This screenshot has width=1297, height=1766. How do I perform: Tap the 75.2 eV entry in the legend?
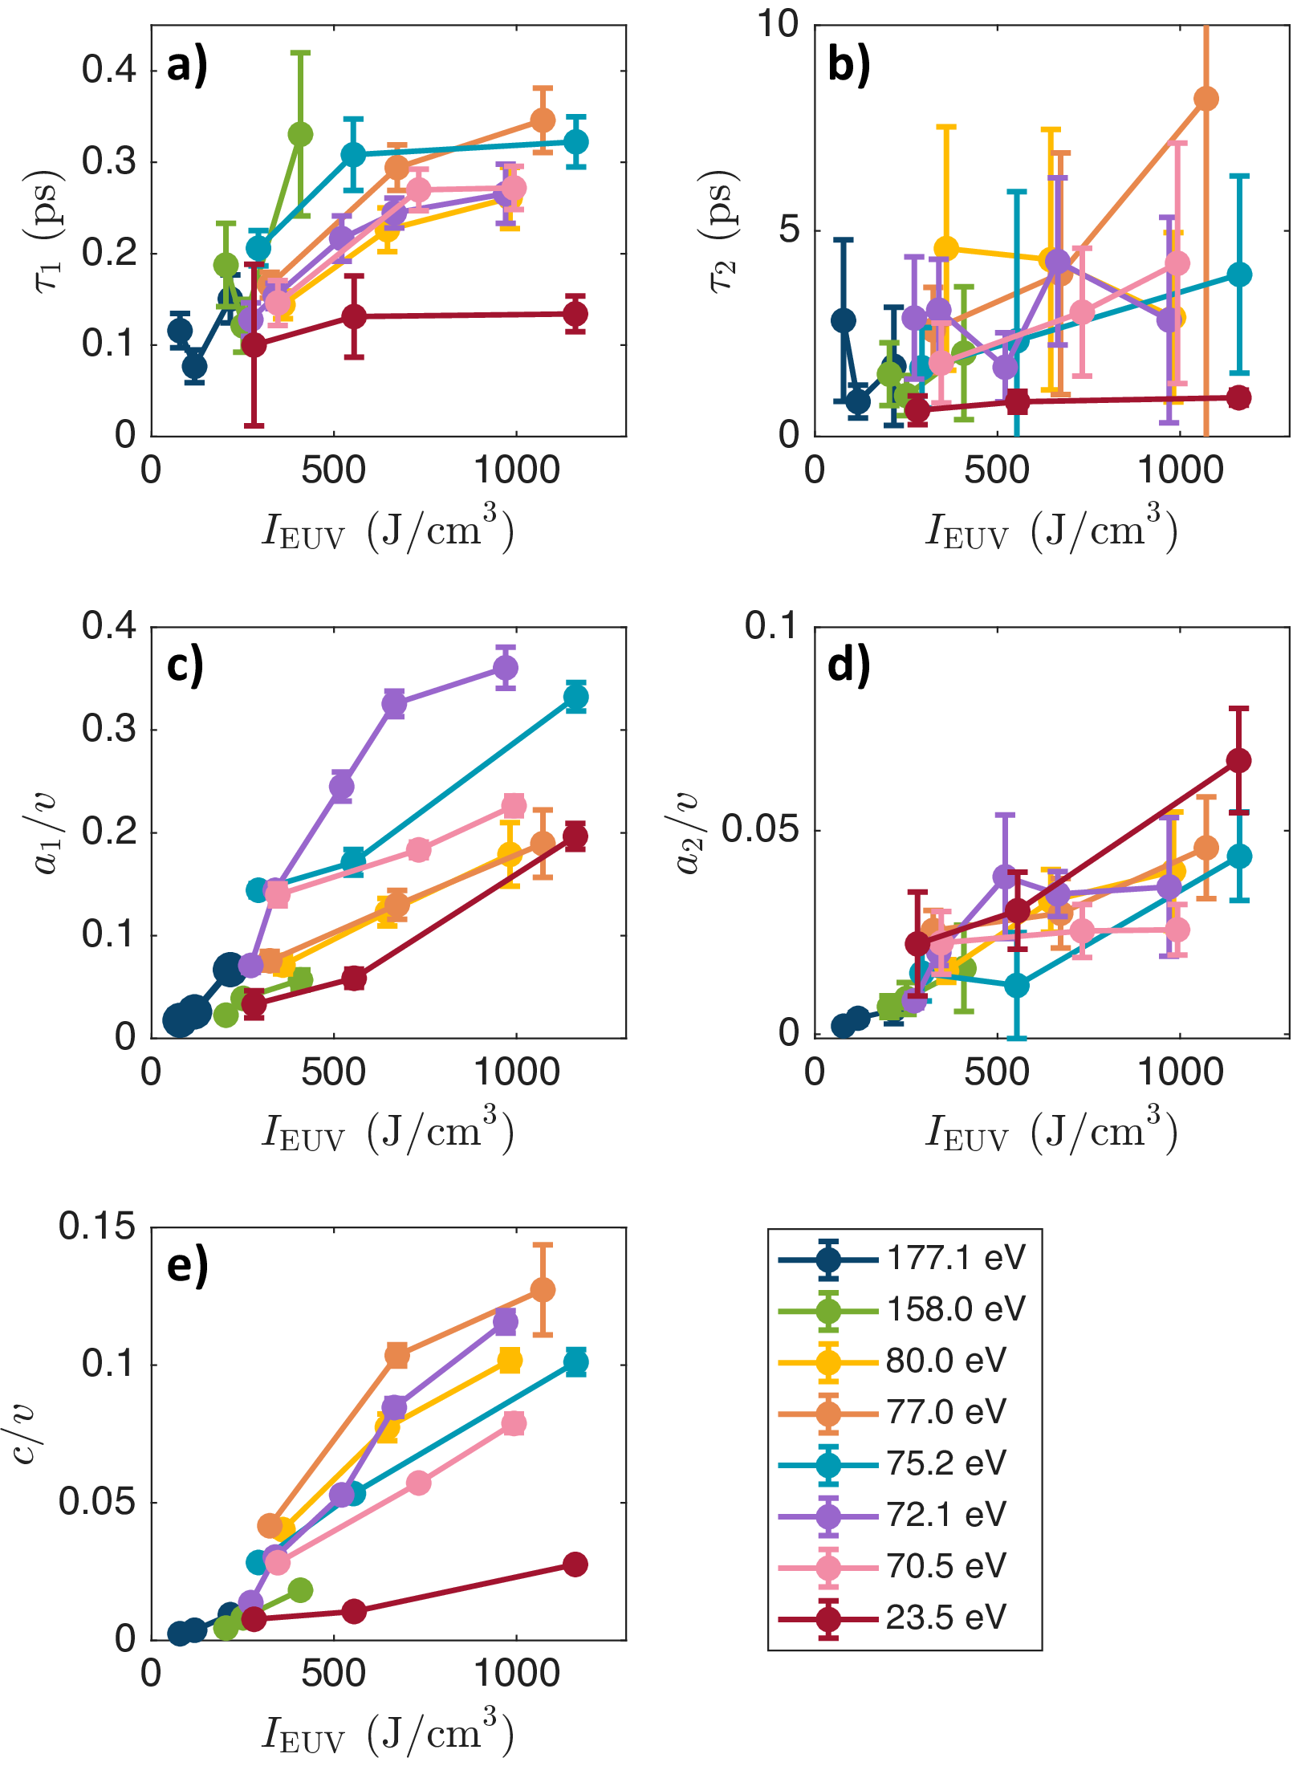coord(945,1463)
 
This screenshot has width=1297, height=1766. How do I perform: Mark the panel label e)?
coord(187,1266)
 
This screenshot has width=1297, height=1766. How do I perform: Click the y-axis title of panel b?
coord(717,231)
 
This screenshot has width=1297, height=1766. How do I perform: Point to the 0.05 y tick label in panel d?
coord(761,829)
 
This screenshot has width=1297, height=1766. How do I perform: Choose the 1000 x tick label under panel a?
coord(516,470)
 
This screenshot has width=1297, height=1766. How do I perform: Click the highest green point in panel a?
coord(300,134)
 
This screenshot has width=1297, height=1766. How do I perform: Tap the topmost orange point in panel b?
coord(1206,99)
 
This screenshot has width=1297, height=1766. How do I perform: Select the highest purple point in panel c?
coord(505,667)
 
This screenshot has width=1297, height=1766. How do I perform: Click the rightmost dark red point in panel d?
coord(1238,760)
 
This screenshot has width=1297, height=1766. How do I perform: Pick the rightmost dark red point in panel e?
coord(575,1565)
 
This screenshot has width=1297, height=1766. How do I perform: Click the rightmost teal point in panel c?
coord(575,697)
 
